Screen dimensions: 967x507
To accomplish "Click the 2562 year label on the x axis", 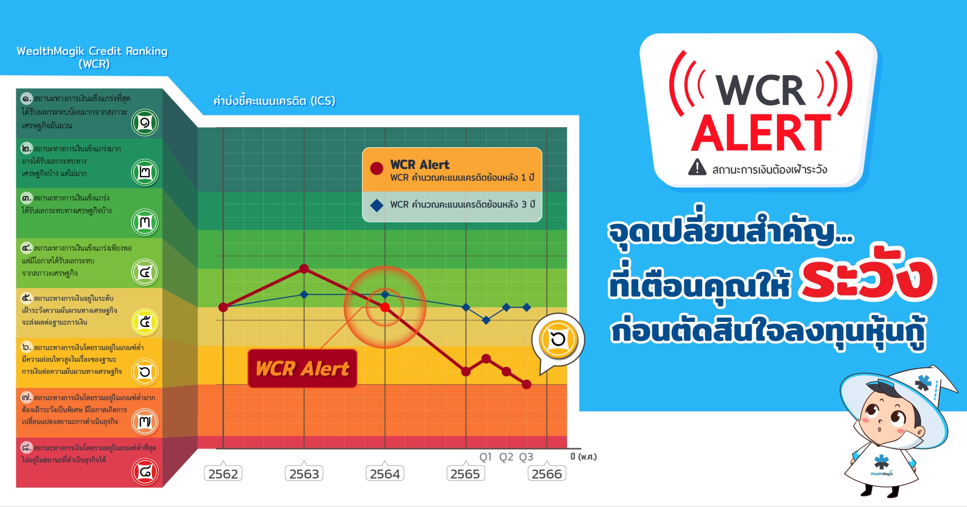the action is pos(223,473).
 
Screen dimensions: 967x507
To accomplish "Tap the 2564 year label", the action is pos(385,473).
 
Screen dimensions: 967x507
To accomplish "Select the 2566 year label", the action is pos(547,473).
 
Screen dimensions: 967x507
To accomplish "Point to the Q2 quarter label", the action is pos(506,457).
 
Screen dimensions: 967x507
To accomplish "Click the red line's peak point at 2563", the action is pos(304,269).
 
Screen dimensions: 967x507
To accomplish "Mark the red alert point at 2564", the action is pos(385,307).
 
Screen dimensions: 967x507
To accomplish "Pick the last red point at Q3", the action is pos(527,385).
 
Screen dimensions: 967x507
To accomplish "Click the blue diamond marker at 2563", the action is pos(304,294).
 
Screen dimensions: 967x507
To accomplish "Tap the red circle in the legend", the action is pos(377,168).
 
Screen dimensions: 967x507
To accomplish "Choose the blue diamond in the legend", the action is pos(377,205).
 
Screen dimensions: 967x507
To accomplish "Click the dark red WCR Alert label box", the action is pos(303,368).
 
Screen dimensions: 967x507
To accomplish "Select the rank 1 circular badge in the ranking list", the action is pos(145,122).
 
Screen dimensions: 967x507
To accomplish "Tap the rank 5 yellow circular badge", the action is pos(145,322).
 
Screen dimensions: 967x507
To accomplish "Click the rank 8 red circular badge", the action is pos(145,471).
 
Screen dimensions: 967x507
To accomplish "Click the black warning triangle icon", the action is pos(697,167).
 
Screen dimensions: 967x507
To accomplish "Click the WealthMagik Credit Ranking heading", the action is pos(93,57).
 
